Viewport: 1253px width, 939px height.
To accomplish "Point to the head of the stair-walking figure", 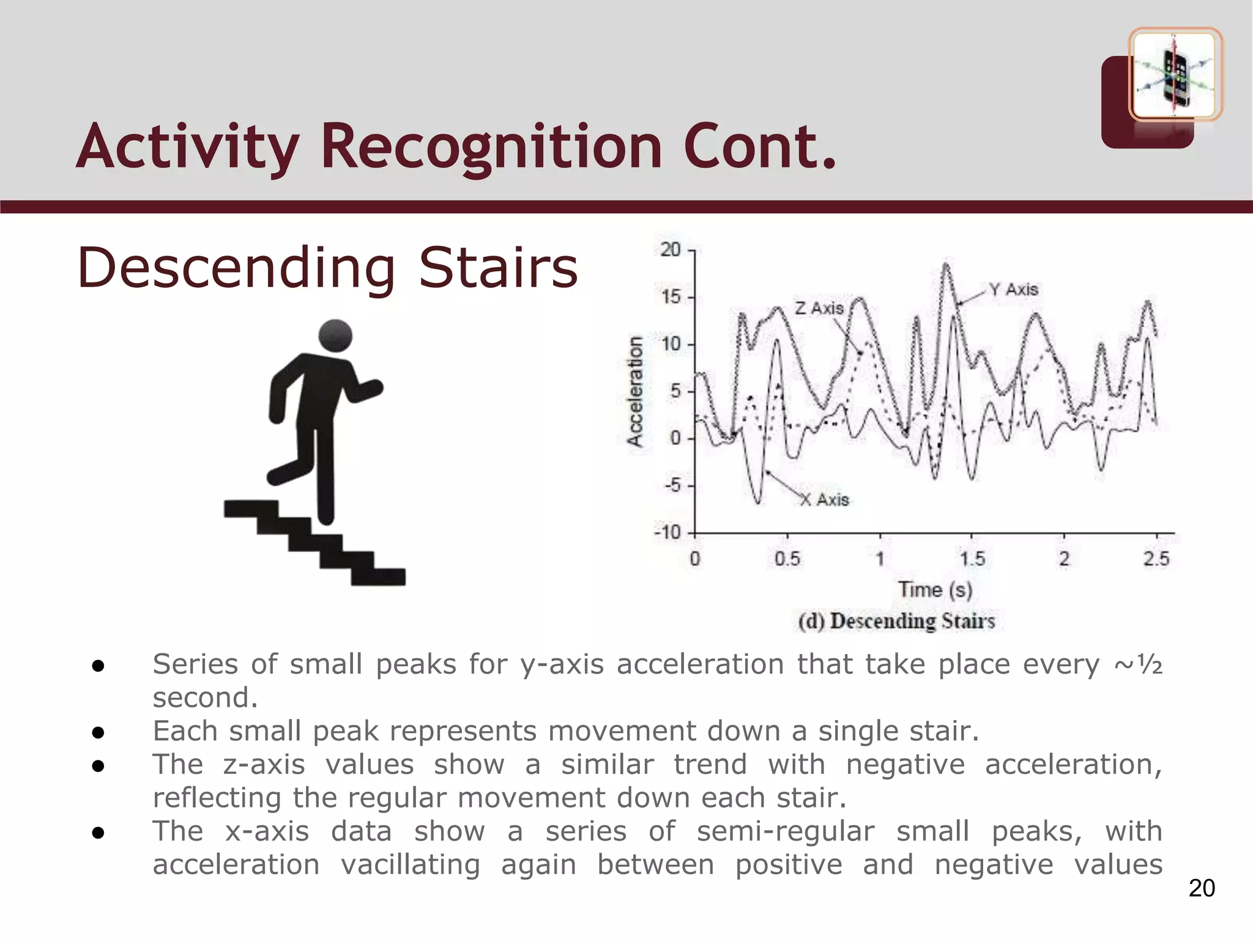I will pyautogui.click(x=336, y=336).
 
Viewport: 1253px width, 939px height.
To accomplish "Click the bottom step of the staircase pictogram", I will pyautogui.click(x=378, y=576).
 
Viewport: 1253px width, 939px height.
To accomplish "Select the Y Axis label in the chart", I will pyautogui.click(x=1013, y=289).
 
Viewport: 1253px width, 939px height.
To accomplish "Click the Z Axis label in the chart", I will pyautogui.click(x=819, y=308).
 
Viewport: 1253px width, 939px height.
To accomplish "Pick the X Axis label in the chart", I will pyautogui.click(x=825, y=500).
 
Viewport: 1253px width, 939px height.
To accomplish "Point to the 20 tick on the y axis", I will pyautogui.click(x=671, y=249).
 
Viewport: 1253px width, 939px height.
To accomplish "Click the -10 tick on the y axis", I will pyautogui.click(x=667, y=532).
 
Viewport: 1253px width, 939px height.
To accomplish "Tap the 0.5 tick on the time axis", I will pyautogui.click(x=787, y=558).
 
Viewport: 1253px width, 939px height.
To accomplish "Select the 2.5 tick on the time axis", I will pyautogui.click(x=1156, y=558).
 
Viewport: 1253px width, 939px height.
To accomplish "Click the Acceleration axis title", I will pyautogui.click(x=636, y=391).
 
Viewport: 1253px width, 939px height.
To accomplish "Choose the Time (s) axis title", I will pyautogui.click(x=935, y=590).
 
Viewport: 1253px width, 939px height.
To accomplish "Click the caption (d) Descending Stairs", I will pyautogui.click(x=896, y=621).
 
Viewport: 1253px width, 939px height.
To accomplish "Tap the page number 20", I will pyautogui.click(x=1202, y=888).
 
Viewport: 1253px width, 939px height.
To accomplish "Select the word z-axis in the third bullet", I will pyautogui.click(x=264, y=765).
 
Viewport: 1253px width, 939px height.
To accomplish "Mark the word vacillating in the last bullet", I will pyautogui.click(x=410, y=865).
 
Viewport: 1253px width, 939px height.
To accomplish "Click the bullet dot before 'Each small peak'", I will pyautogui.click(x=98, y=732).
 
